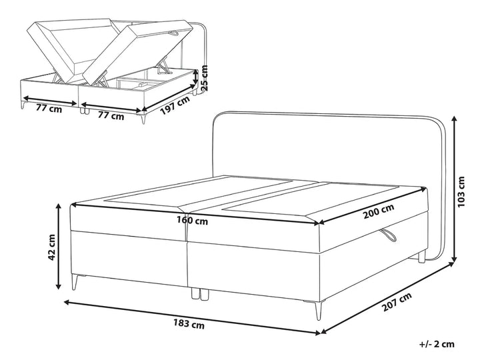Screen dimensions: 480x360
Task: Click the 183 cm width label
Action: click(x=189, y=324)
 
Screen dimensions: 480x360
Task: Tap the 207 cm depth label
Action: click(x=397, y=301)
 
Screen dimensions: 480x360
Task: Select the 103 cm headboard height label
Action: click(x=461, y=191)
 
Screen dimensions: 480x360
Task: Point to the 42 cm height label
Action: click(x=52, y=247)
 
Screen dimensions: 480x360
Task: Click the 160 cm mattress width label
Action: click(x=192, y=220)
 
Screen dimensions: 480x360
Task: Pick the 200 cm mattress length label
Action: click(x=379, y=211)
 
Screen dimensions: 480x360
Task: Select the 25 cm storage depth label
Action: click(x=204, y=78)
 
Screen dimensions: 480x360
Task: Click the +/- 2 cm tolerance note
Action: click(x=437, y=344)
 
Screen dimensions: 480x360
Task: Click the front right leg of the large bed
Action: click(x=319, y=311)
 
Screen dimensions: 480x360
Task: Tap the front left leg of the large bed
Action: click(x=75, y=282)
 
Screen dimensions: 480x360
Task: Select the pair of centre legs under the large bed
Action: click(x=199, y=293)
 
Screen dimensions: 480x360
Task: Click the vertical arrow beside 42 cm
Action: click(x=58, y=247)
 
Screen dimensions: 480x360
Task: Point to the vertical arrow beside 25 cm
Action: click(x=196, y=77)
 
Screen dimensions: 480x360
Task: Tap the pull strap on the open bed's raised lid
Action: click(x=177, y=32)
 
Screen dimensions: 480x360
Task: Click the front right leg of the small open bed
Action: click(x=143, y=119)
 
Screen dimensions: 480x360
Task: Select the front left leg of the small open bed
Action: click(x=23, y=105)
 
